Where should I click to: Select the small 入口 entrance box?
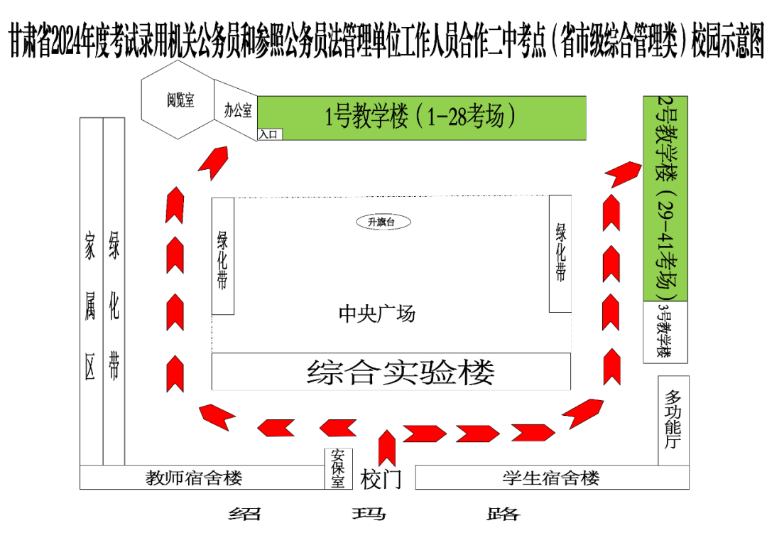coord(270,134)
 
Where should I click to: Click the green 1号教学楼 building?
coord(421,117)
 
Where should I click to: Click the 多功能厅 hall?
coord(673,420)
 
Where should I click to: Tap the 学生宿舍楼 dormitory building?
coord(552,478)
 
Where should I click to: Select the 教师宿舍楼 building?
coord(194,478)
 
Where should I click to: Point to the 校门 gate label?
coord(381,478)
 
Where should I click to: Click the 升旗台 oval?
coord(383,222)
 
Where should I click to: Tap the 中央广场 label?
coord(376,313)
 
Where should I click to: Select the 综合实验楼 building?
coord(391,371)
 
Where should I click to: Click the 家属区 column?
coord(91,291)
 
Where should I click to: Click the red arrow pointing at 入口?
coord(212,163)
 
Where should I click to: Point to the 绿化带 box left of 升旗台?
coord(223,256)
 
